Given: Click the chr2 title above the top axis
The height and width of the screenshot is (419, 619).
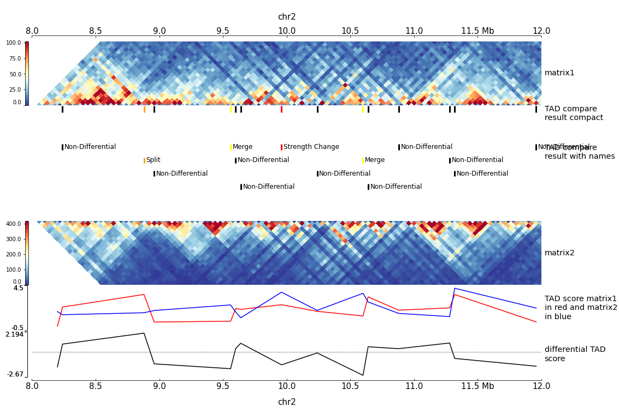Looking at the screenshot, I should point(287,17).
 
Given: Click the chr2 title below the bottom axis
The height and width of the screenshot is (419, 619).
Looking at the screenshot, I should point(287,402).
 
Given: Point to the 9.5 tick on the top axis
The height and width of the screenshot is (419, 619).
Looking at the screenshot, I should point(223,31).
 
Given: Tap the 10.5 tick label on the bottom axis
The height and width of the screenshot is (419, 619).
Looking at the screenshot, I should point(350,386).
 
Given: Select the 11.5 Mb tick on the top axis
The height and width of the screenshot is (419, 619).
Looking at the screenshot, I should point(477,31).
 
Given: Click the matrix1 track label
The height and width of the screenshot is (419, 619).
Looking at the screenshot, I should point(559,73).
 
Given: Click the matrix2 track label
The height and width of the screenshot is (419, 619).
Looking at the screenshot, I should point(559,253).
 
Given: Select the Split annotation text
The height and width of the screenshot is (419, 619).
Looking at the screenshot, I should point(153,160).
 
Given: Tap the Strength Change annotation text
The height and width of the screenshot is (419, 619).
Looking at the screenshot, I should point(311,147).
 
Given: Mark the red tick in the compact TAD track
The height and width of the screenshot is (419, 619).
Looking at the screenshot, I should point(281,109).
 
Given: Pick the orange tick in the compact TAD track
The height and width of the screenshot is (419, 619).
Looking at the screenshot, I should point(144,109).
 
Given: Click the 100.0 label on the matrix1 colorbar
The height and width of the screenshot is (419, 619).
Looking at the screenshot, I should point(14,43).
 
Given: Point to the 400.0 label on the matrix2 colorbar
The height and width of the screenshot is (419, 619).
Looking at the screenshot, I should point(14,224).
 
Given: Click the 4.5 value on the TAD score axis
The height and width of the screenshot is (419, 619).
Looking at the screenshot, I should point(18,288).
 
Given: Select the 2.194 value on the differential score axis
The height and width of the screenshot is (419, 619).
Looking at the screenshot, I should point(15,334).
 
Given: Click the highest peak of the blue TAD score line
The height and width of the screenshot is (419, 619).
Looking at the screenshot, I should point(455,288).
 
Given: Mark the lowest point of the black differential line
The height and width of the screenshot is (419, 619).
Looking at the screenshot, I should point(362,375).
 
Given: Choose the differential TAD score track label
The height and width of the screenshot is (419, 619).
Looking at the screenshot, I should point(575,354).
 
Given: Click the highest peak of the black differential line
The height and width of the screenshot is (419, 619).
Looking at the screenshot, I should point(144,333).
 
